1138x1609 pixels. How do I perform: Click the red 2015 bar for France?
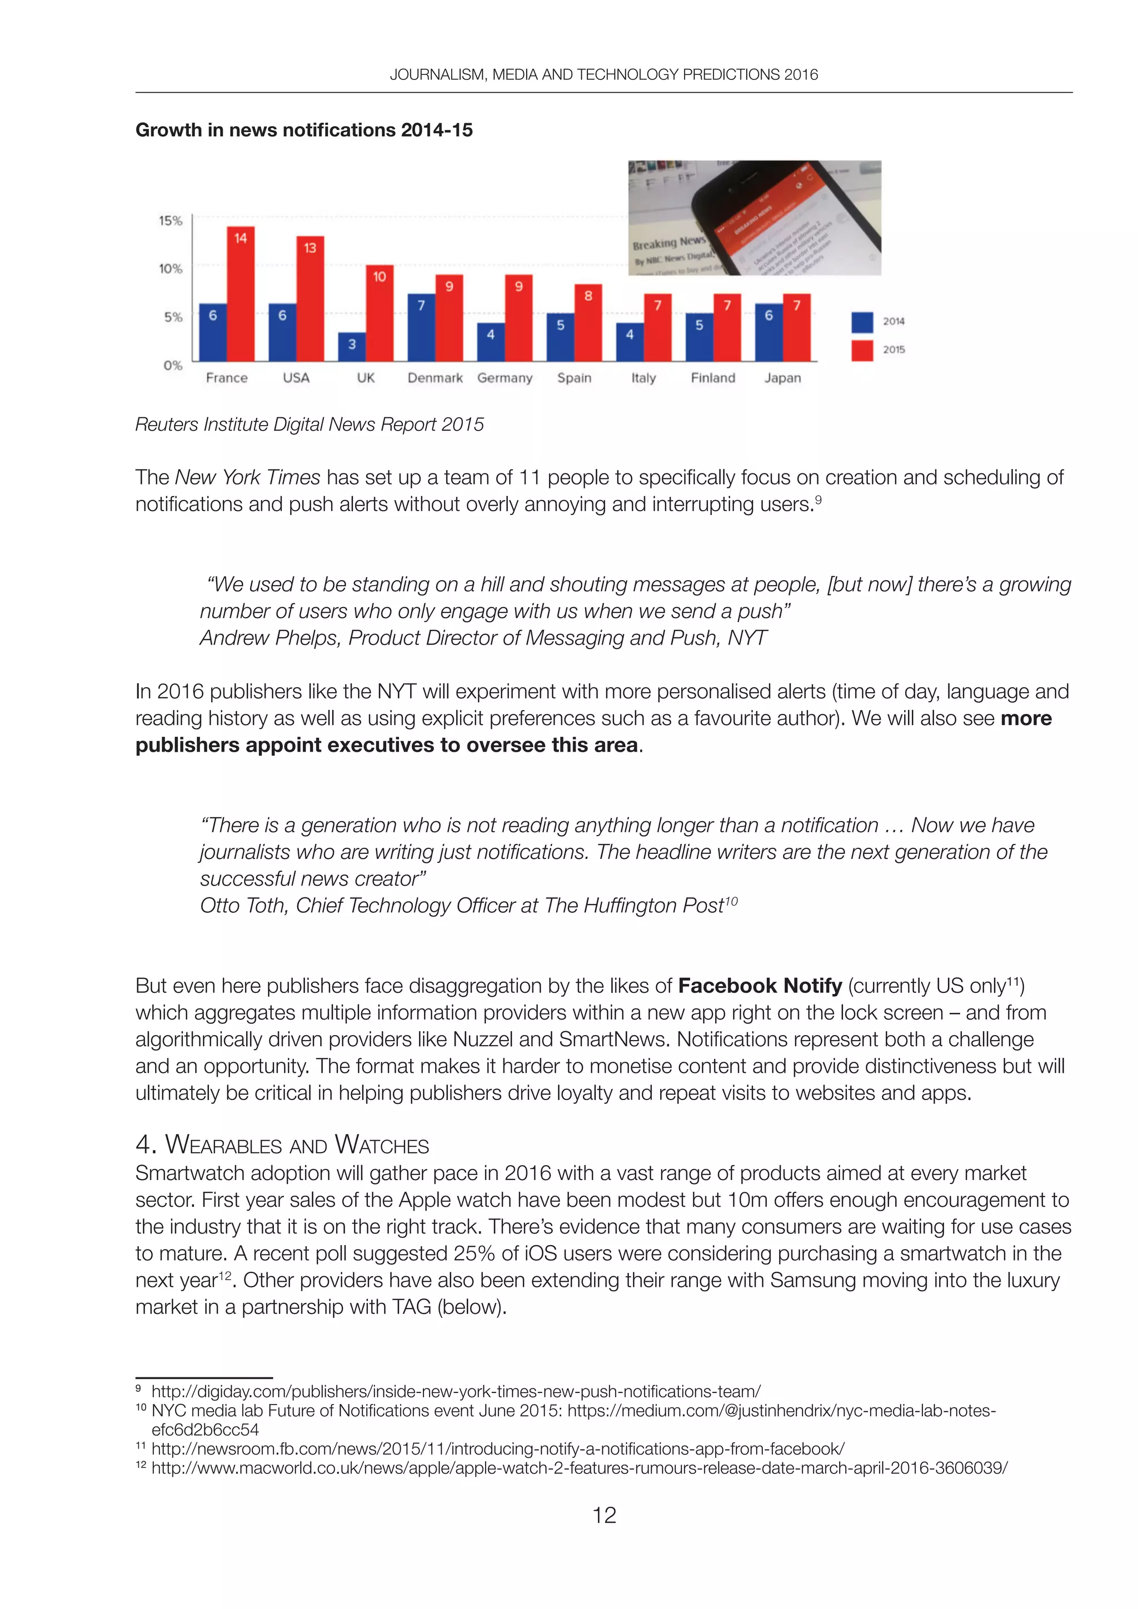tap(241, 294)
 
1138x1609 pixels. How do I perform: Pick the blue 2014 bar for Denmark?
tap(421, 327)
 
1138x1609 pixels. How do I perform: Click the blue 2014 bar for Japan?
tap(768, 332)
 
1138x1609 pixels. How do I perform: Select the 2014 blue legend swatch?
tap(862, 322)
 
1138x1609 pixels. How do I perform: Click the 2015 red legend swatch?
tap(862, 349)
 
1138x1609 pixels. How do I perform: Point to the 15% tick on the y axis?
tap(170, 221)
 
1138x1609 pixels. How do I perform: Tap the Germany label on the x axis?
tap(505, 378)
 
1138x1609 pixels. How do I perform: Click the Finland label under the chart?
tap(713, 378)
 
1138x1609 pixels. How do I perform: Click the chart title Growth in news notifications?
tap(303, 131)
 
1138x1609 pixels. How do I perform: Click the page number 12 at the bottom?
tap(604, 1515)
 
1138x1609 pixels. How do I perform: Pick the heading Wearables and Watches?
tap(282, 1145)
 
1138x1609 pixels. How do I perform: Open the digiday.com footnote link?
tap(456, 1391)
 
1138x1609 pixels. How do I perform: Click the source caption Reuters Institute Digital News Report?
tap(309, 424)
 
